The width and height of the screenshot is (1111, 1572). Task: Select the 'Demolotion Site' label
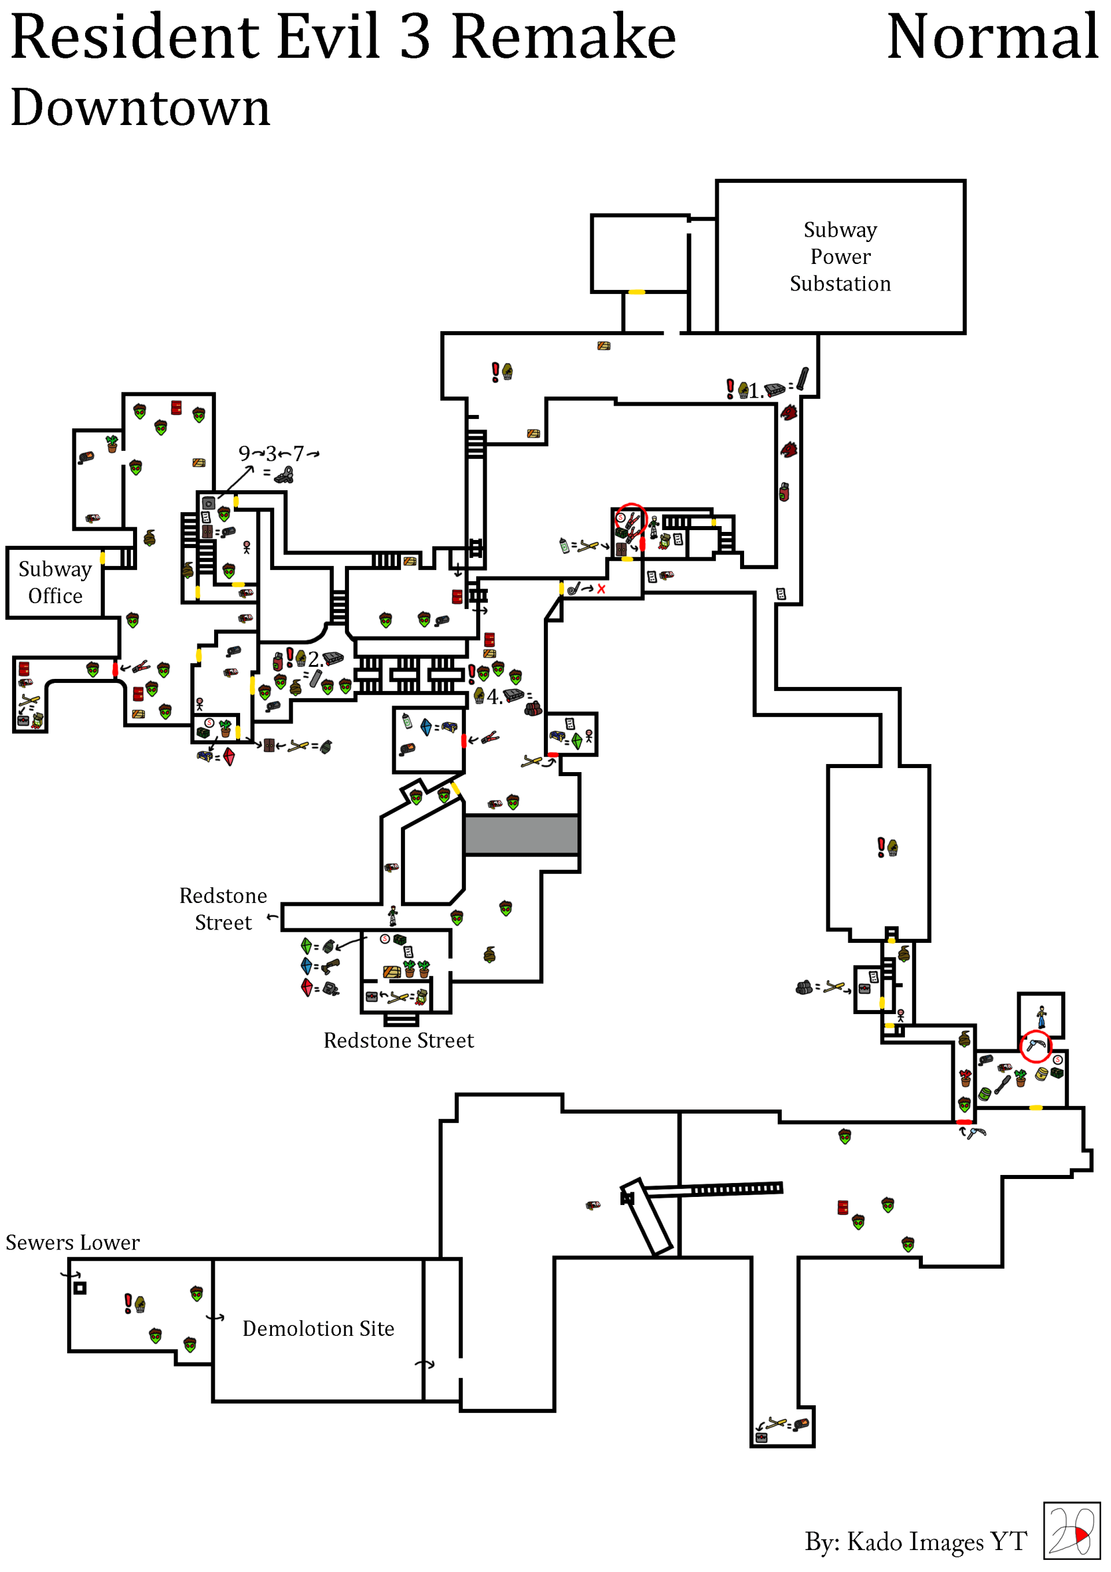point(318,1328)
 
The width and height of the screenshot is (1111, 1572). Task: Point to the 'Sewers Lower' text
point(72,1243)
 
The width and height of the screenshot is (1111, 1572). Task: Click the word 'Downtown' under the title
point(141,108)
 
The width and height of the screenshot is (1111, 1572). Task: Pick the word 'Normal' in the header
point(992,38)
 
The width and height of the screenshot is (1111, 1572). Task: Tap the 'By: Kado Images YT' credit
point(915,1541)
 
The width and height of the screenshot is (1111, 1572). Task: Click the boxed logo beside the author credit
point(1071,1530)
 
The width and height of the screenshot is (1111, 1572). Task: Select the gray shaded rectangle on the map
point(521,834)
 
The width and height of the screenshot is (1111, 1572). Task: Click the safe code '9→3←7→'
point(278,453)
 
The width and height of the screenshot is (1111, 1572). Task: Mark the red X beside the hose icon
point(601,589)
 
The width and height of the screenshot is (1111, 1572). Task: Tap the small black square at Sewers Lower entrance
point(80,1288)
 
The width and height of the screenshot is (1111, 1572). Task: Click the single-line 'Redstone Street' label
point(399,1041)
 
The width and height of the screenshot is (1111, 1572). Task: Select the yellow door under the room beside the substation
point(637,292)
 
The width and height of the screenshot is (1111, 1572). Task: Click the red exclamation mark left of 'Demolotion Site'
point(127,1302)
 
